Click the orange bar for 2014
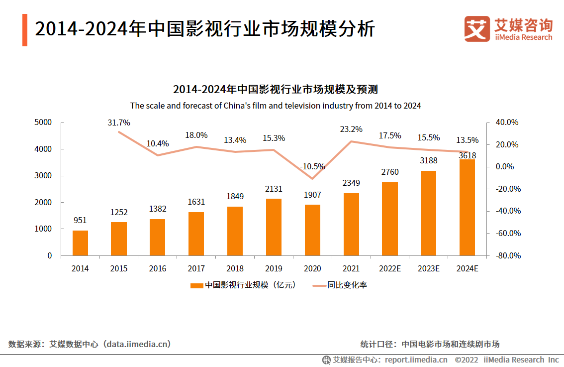point(80,243)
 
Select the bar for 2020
point(312,230)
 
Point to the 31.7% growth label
point(119,122)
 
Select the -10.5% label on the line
point(312,166)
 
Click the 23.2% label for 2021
point(351,129)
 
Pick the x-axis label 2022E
point(389,268)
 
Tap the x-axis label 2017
point(196,268)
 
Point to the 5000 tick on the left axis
point(43,122)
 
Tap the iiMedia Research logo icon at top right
point(476,29)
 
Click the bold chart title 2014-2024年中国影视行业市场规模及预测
point(276,90)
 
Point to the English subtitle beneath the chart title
point(276,106)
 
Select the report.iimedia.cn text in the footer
point(416,360)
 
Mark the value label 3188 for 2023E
point(428,161)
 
